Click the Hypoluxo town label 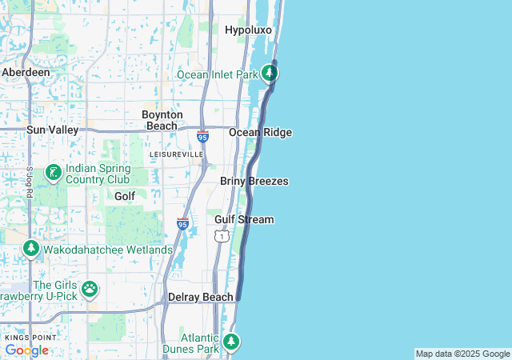point(248,30)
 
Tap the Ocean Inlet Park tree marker point(270,74)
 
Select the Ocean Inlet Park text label point(217,74)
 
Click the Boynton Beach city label point(162,120)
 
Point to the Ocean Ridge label point(260,133)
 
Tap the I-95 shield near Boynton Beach point(203,137)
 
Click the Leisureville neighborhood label point(177,154)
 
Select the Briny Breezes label point(254,182)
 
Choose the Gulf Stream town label point(244,219)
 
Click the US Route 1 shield point(222,236)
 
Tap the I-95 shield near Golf point(182,224)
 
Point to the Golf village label point(124,196)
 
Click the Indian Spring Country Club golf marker point(53,173)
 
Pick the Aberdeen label point(26,72)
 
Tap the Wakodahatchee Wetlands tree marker point(31,250)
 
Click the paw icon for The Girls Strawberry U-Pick point(90,288)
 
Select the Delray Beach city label point(200,298)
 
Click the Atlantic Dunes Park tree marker point(231,342)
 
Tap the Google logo point(26,350)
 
